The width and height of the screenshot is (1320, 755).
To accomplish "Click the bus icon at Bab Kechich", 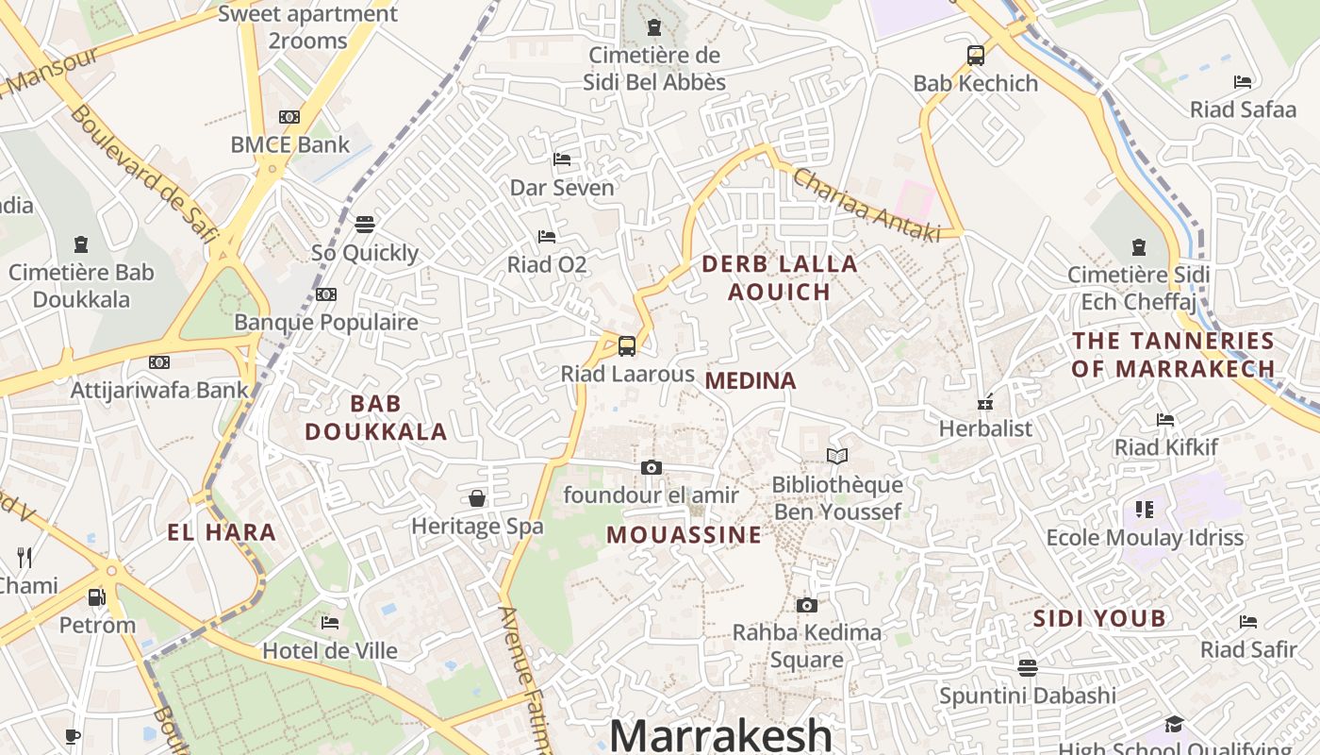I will [976, 56].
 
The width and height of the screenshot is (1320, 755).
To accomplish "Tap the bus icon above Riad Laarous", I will [627, 346].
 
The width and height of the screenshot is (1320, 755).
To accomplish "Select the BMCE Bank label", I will [289, 144].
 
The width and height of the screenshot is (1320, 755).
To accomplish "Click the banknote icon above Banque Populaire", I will [326, 294].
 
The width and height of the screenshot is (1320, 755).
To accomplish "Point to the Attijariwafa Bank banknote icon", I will [159, 362].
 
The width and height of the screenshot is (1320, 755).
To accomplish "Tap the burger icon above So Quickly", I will [365, 225].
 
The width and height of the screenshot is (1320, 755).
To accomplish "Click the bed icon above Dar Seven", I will [562, 159].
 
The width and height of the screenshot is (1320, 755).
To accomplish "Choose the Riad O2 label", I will [547, 264].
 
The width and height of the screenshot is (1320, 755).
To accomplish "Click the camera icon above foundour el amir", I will [651, 467].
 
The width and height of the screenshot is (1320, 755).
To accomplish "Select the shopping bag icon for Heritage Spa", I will [477, 498].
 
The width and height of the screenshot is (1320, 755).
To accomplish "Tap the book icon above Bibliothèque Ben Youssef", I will [836, 457].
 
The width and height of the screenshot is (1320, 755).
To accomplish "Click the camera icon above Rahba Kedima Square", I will [806, 605].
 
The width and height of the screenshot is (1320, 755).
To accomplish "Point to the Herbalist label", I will [985, 428].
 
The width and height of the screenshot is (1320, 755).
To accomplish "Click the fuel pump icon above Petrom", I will [97, 597].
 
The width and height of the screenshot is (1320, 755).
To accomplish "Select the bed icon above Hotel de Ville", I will [330, 623].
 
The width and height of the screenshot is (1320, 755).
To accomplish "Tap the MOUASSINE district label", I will [684, 535].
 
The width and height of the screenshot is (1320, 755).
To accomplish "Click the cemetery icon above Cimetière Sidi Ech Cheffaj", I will [1138, 247].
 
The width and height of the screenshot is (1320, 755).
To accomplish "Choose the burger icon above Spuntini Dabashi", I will [1027, 668].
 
